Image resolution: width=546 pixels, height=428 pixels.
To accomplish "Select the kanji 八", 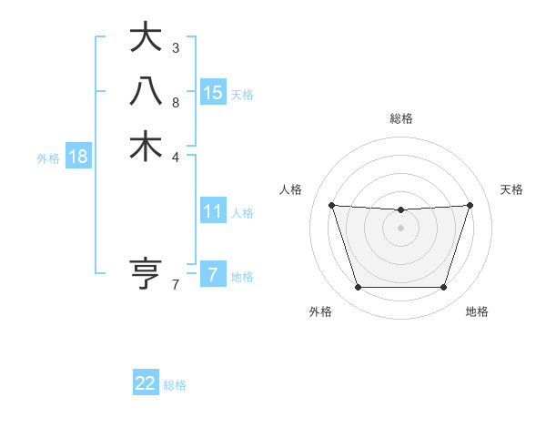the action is pos(146,92).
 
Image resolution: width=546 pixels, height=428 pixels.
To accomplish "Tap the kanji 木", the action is pos(146,147).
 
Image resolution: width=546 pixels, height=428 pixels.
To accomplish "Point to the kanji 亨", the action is pos(146,274).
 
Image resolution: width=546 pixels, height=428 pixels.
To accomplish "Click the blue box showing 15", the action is pos(213,92).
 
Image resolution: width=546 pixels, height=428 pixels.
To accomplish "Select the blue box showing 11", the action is pos(213,211).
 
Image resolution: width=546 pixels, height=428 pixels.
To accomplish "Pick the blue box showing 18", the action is pos(78,157).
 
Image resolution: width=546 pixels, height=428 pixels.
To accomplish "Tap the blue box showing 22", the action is pos(146,383).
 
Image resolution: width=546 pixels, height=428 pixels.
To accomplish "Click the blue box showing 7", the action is pos(213,274).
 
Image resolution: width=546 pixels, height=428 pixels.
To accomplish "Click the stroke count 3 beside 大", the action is pos(175,47).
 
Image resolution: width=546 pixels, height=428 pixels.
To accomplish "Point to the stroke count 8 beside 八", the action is pos(175,102).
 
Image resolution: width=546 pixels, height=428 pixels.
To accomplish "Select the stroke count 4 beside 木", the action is pos(175,157).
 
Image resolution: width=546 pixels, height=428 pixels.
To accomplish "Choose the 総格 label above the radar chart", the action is pos(401,118).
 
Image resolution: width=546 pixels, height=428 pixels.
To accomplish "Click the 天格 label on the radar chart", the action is pos(512,189).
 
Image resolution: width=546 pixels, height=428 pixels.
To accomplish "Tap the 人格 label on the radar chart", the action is pos(290,189).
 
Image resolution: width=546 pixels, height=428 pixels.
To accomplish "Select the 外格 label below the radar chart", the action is pos(320,311).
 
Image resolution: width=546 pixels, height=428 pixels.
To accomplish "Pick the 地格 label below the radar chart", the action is pos(477,311).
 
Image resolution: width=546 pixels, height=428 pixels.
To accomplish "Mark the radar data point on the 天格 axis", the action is pos(470,205).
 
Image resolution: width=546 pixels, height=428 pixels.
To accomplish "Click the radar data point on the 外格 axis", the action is pos(358,288).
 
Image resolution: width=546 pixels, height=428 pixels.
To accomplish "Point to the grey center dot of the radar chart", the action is pos(401,228).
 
